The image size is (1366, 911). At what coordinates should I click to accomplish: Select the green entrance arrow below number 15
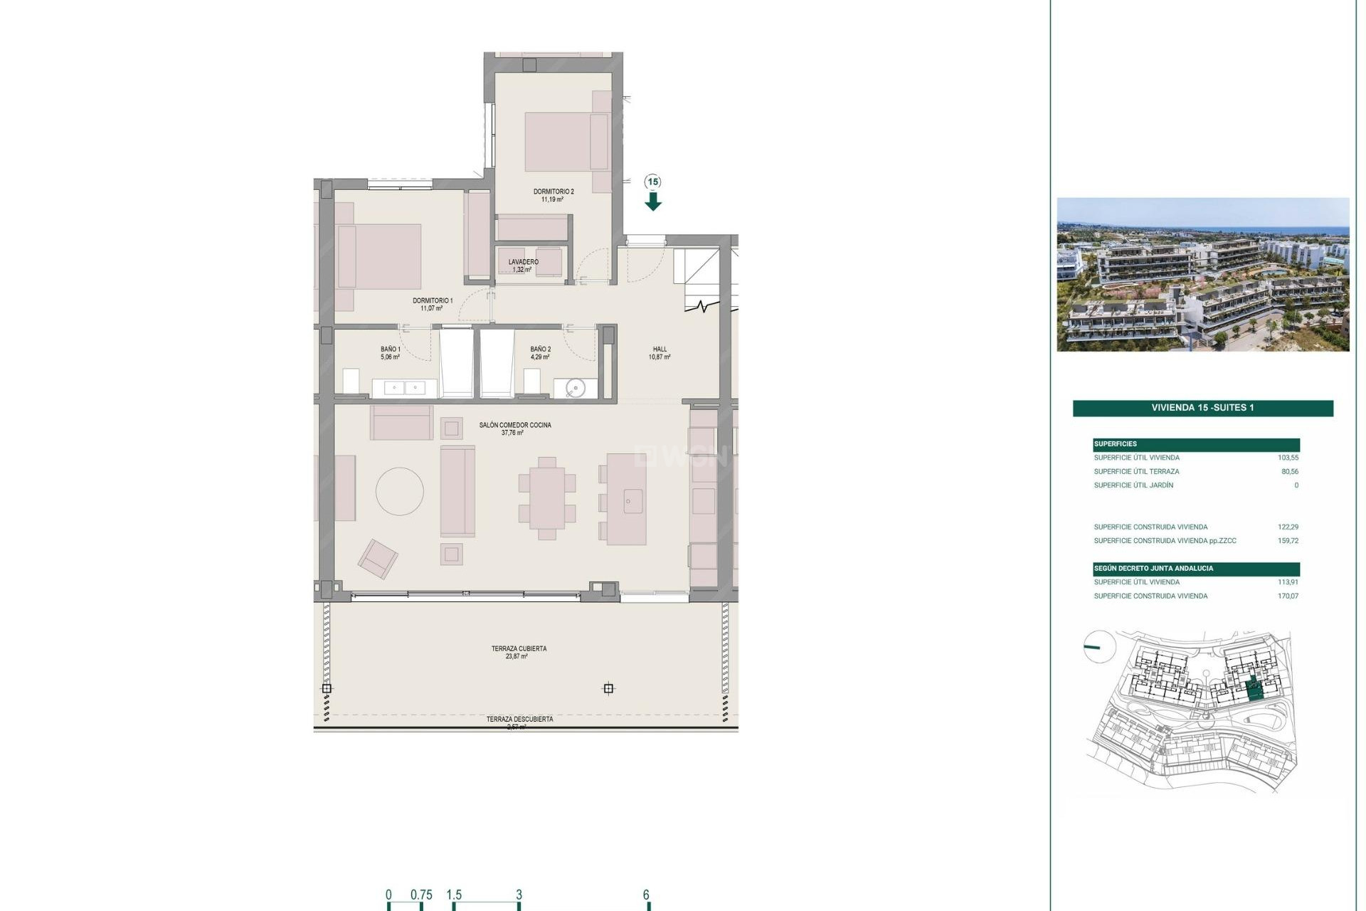(653, 203)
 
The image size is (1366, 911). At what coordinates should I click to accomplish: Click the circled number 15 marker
(653, 181)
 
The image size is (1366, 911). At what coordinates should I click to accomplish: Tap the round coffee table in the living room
(400, 491)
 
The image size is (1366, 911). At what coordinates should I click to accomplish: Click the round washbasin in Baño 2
(576, 388)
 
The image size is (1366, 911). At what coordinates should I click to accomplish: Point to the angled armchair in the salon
(378, 558)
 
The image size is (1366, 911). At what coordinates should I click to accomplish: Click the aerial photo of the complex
(1202, 275)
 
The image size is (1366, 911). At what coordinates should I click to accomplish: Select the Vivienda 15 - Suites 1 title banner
(1202, 408)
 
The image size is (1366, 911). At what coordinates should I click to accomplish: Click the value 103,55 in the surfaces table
(1288, 458)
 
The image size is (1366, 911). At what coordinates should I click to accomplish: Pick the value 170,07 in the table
(1288, 596)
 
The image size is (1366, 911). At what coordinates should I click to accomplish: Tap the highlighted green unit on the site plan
(1255, 688)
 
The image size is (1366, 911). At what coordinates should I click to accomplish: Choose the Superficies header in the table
(1116, 444)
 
